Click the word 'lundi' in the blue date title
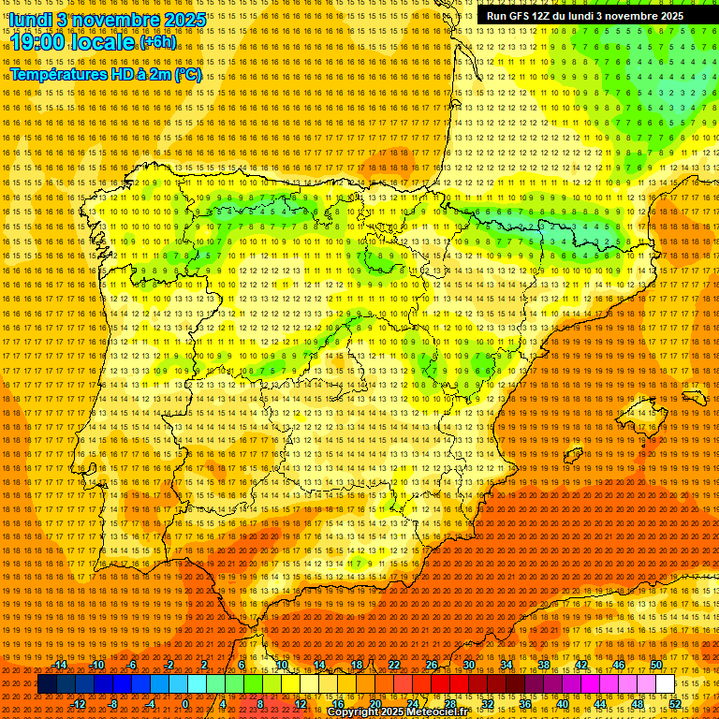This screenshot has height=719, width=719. (29, 19)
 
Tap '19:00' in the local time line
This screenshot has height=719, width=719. (40, 42)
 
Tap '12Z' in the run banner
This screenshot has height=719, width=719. (543, 16)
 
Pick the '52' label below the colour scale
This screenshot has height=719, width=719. (675, 704)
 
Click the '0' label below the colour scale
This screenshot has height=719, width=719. (185, 704)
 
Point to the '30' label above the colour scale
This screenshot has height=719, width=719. (468, 665)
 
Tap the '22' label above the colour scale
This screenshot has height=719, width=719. (393, 665)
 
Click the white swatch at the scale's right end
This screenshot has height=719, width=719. (665, 684)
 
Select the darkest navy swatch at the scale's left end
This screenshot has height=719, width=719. (47, 684)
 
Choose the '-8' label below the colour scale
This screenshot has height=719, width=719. (113, 704)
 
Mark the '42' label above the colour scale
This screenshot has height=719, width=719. (580, 665)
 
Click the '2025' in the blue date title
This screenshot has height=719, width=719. (164, 19)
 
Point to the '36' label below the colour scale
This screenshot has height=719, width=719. (525, 704)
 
